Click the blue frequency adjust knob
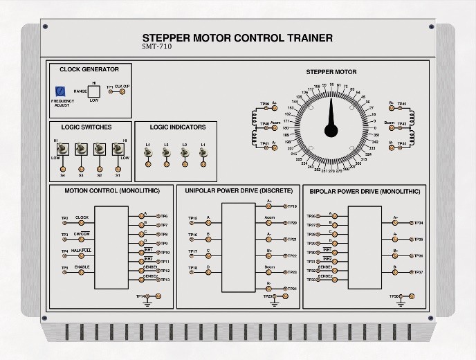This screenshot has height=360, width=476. [60, 91]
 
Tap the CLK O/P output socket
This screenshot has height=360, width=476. [123, 92]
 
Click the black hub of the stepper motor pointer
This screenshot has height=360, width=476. [333, 128]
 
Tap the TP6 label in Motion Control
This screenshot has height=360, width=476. [164, 216]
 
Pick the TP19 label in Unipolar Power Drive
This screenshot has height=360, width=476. [293, 206]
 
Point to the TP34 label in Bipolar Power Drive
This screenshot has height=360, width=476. [419, 223]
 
